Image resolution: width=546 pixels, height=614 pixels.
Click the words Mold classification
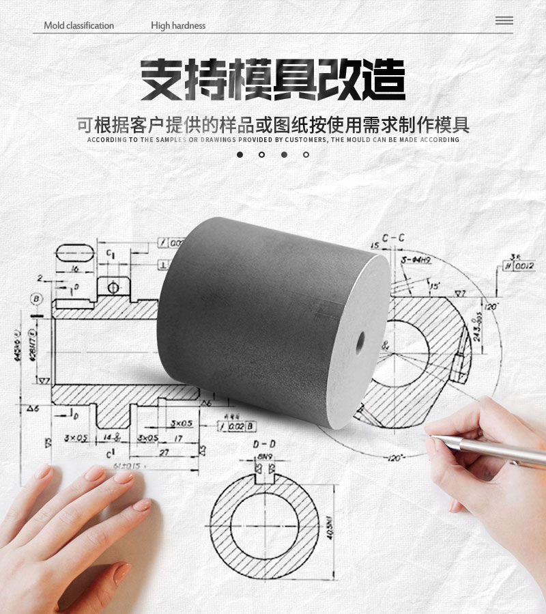(x=79, y=26)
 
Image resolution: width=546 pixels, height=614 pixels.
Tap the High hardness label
(x=178, y=26)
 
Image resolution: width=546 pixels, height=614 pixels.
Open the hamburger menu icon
(x=504, y=20)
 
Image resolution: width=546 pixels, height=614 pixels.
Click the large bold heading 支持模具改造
(x=273, y=81)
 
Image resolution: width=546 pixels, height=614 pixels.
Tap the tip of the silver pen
(x=431, y=434)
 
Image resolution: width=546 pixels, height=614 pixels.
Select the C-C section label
(x=393, y=238)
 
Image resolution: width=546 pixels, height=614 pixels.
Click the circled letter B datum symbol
(x=35, y=298)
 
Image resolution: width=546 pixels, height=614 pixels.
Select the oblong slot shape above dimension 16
(x=74, y=253)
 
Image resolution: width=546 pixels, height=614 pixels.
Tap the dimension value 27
(x=164, y=453)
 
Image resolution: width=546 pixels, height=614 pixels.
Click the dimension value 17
(x=178, y=438)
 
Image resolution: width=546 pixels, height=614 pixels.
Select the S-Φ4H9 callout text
(x=416, y=260)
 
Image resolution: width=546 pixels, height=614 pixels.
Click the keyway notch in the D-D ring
(x=264, y=473)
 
